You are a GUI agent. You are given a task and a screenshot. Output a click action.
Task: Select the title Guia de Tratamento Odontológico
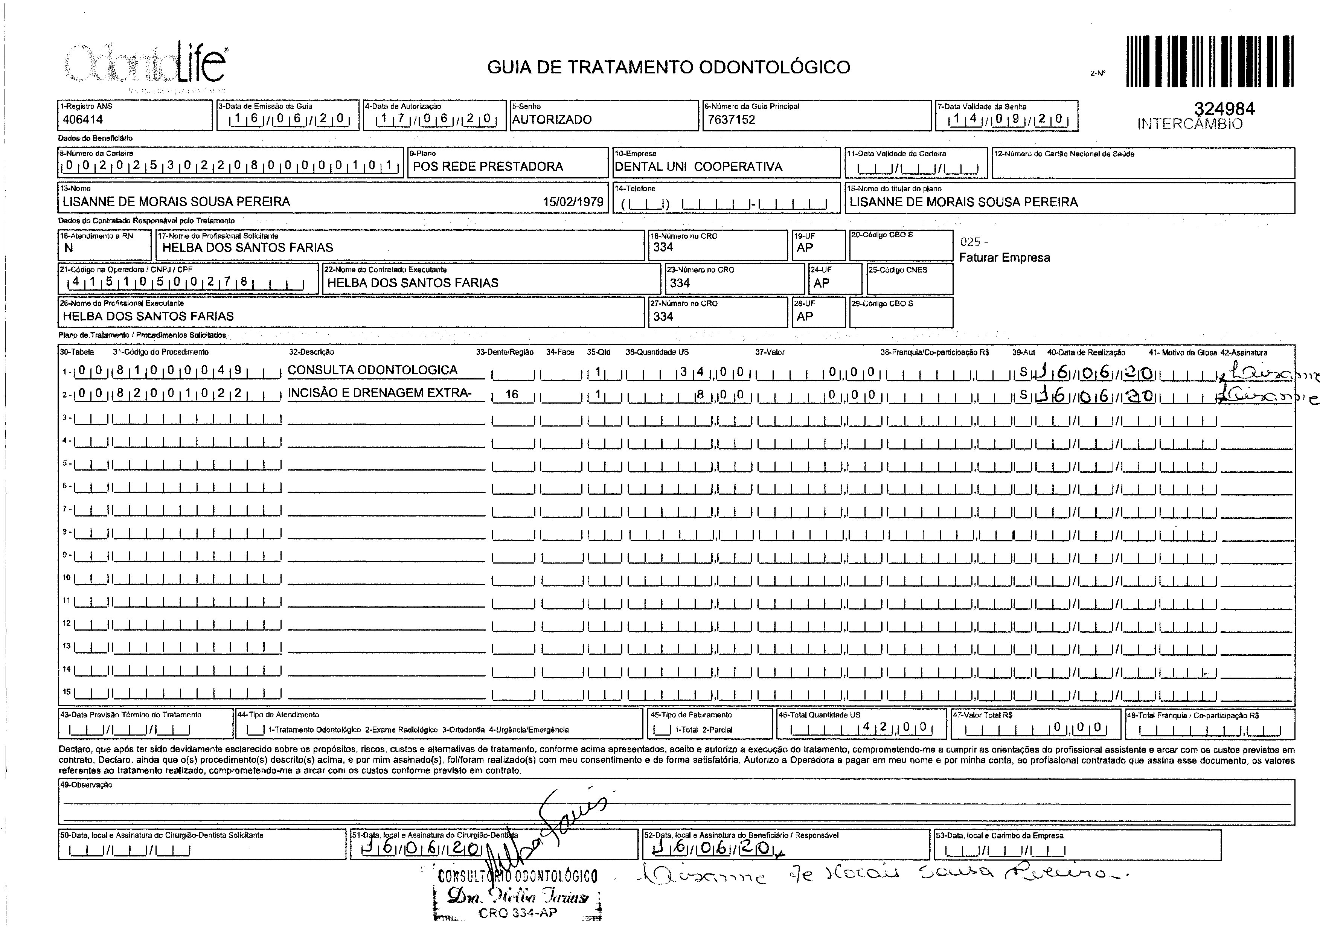(668, 67)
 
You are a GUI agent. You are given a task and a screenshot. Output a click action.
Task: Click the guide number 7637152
(731, 120)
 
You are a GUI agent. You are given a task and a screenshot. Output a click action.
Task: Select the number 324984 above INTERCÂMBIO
(1224, 109)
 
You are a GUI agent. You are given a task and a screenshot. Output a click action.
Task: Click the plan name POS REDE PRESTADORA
(488, 167)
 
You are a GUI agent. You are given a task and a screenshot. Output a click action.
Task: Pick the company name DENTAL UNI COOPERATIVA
(698, 167)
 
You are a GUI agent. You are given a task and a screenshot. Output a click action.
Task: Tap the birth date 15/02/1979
(573, 202)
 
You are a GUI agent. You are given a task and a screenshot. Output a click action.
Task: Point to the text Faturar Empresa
(1004, 257)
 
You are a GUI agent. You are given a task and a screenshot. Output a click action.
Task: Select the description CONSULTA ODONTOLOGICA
(372, 370)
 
